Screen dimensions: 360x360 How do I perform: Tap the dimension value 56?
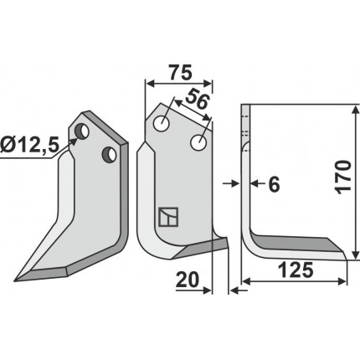[198, 100]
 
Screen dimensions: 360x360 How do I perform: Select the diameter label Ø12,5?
[29, 146]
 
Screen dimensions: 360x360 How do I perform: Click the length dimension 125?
[296, 270]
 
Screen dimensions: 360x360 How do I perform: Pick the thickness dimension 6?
[274, 184]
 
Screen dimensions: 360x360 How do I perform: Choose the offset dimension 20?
[188, 280]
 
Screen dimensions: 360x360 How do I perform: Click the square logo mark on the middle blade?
[168, 217]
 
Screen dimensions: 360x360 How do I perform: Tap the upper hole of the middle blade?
[161, 123]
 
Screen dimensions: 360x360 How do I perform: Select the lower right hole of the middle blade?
[198, 142]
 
